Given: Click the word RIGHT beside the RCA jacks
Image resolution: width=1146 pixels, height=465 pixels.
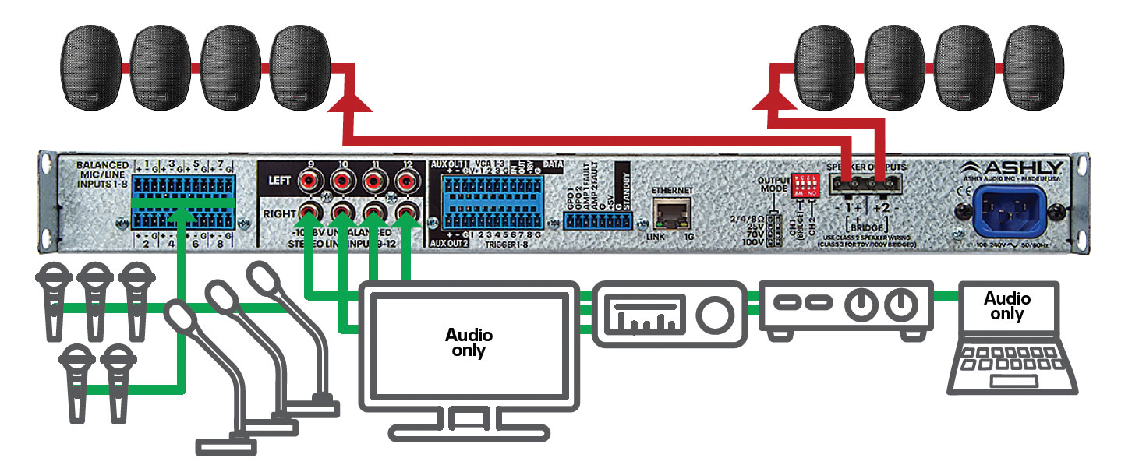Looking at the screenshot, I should tap(278, 211).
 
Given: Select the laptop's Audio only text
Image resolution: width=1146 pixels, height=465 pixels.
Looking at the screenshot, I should tap(1007, 306).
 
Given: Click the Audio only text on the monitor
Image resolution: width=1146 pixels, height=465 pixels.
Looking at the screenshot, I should tap(469, 343).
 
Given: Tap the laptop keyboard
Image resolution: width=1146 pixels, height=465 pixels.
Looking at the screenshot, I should tap(1012, 365).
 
